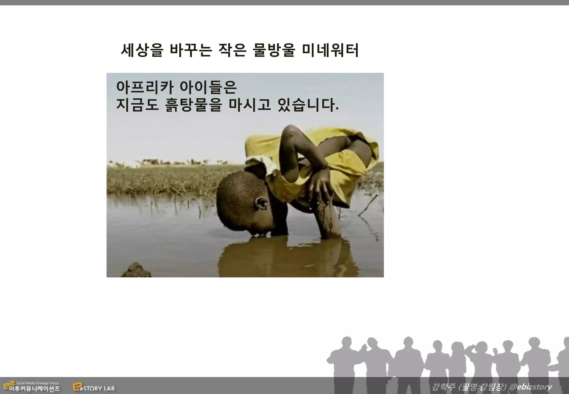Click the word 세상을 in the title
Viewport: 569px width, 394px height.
[x=142, y=50]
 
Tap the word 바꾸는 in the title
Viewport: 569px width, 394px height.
[x=191, y=50]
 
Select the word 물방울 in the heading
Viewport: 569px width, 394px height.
[x=274, y=50]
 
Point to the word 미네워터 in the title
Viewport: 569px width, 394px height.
[x=330, y=50]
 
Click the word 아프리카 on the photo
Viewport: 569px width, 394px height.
[x=145, y=87]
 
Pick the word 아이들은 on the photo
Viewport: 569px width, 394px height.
[x=208, y=87]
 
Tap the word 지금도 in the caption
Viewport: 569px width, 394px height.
[x=137, y=105]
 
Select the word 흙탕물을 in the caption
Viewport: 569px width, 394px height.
[x=193, y=105]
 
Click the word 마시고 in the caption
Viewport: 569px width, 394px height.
[x=249, y=105]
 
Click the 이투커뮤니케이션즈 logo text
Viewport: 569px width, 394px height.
[x=34, y=389]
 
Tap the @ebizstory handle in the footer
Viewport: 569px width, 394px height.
[x=530, y=386]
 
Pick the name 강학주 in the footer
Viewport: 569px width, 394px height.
[x=443, y=386]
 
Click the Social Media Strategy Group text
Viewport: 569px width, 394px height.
[x=37, y=383]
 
